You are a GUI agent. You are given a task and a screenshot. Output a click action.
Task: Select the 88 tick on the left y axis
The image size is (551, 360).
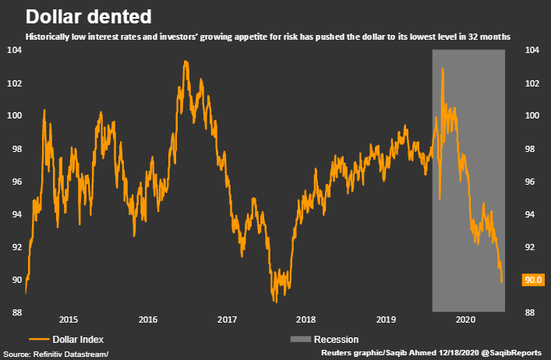pyautogui.click(x=14, y=312)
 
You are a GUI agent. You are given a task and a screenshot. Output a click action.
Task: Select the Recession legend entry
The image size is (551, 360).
pyautogui.click(x=336, y=339)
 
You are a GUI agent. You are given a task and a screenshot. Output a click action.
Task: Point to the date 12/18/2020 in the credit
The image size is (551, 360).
pyautogui.click(x=447, y=354)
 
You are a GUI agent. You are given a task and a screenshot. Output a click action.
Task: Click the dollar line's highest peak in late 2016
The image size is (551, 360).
pyautogui.click(x=185, y=62)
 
